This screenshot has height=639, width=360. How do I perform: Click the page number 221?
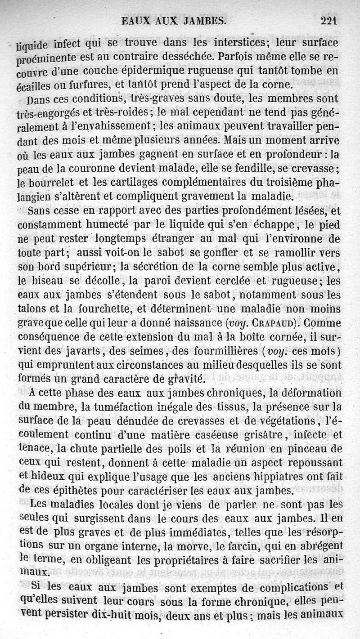coord(328,20)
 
